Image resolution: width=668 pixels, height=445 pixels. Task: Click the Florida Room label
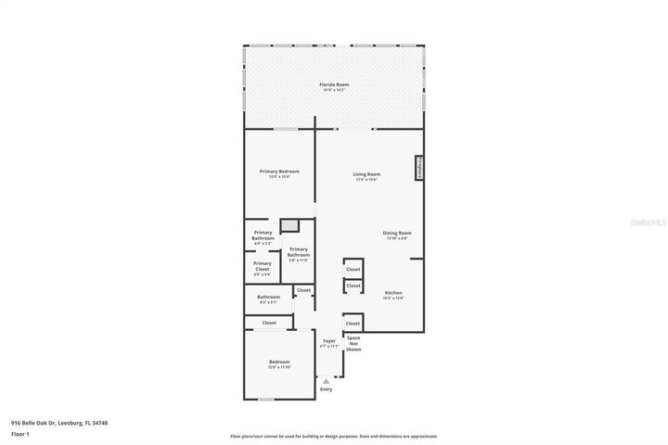click(335, 84)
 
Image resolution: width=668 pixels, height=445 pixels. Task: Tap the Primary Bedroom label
click(279, 172)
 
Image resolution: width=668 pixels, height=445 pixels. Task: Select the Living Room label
click(366, 174)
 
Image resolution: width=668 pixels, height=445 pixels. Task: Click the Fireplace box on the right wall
click(419, 168)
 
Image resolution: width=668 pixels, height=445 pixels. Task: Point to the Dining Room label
click(397, 233)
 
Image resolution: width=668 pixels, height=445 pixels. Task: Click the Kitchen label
click(393, 292)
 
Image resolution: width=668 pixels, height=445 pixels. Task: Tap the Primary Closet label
click(263, 265)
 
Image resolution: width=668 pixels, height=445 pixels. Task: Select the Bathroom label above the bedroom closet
click(268, 297)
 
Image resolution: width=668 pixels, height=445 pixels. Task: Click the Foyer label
click(328, 341)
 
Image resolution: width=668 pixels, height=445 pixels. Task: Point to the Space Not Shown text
click(353, 343)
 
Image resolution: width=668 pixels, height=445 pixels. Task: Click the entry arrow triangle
click(326, 380)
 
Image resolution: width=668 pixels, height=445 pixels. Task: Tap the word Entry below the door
click(326, 389)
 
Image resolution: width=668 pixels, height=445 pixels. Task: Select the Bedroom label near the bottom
click(279, 362)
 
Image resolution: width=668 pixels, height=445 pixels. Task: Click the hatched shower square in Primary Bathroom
click(289, 224)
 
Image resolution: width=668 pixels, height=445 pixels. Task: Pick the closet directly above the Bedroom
click(269, 323)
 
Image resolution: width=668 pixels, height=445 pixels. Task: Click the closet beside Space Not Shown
click(353, 323)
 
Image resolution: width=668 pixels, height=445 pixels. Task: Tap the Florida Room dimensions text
click(335, 90)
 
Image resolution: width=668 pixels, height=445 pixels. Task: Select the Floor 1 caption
click(20, 434)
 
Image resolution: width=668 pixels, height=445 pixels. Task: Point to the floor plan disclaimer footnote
click(334, 436)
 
